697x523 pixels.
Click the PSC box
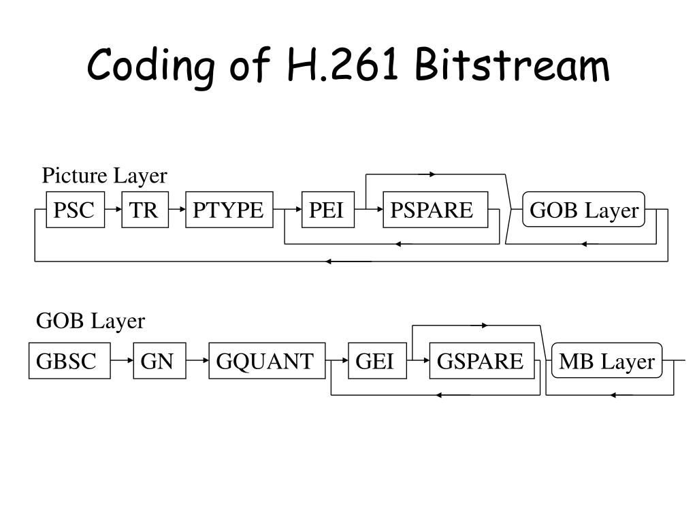(75, 210)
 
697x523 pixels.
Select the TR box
(144, 210)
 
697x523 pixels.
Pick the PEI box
(327, 210)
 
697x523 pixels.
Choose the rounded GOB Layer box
(584, 211)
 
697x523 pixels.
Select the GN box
(157, 361)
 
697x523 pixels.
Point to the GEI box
(376, 361)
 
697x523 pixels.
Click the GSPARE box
(481, 361)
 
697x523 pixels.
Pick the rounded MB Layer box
(606, 362)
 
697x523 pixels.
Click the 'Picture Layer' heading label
(104, 176)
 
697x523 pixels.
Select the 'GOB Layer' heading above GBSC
(91, 321)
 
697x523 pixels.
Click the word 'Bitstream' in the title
(513, 67)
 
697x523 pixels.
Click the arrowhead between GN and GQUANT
(204, 361)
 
